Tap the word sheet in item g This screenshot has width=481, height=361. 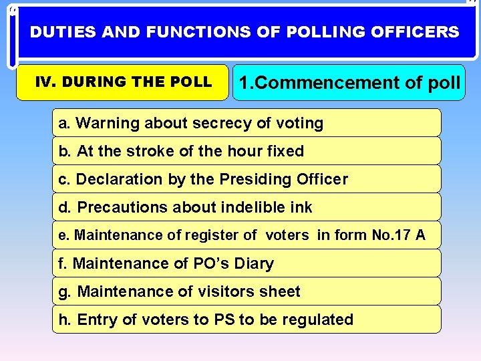coord(281,291)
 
